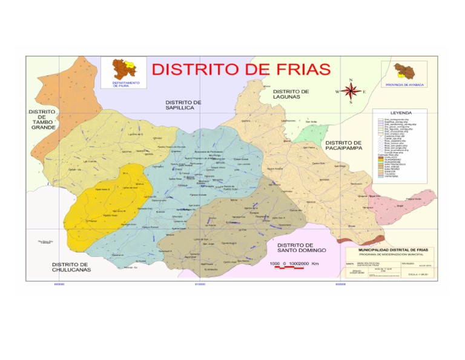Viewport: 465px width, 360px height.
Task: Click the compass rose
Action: pyautogui.click(x=351, y=92)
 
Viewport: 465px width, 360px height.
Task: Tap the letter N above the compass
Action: pyautogui.click(x=351, y=81)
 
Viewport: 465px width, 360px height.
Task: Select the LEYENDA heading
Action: pyautogui.click(x=401, y=113)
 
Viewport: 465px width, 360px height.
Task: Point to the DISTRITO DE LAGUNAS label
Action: pyautogui.click(x=290, y=94)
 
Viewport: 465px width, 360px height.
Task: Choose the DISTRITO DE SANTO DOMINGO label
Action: pyautogui.click(x=302, y=247)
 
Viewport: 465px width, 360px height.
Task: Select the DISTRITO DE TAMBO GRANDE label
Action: pyautogui.click(x=42, y=119)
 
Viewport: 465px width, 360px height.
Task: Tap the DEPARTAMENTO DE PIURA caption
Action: pyautogui.click(x=125, y=84)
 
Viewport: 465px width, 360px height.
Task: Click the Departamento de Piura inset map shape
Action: pyautogui.click(x=125, y=68)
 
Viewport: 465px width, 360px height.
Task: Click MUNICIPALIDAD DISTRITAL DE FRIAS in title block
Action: pyautogui.click(x=386, y=249)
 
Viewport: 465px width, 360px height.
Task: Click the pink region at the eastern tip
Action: pyautogui.click(x=403, y=206)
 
